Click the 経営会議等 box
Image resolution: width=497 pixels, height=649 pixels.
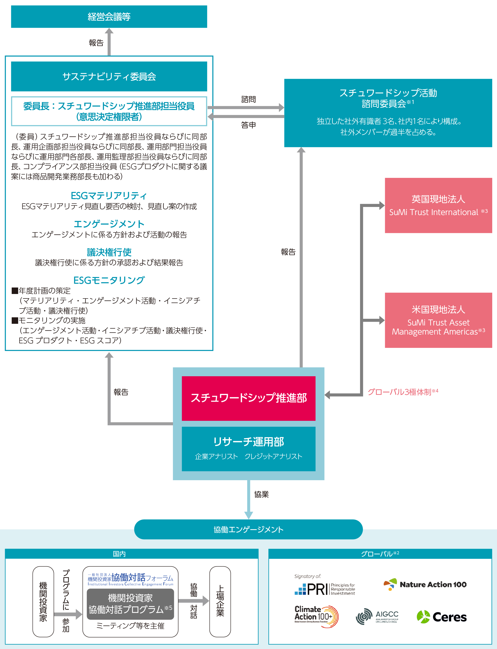click(x=109, y=16)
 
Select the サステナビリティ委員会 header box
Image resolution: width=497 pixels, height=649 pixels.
click(x=109, y=76)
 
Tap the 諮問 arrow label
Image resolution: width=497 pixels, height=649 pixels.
click(x=248, y=99)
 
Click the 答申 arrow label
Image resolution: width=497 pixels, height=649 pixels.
click(x=248, y=125)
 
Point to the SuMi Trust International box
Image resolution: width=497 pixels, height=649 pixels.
click(x=438, y=205)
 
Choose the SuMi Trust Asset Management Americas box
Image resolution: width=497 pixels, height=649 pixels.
click(x=438, y=320)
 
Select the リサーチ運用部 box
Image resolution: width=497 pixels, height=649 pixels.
click(x=249, y=448)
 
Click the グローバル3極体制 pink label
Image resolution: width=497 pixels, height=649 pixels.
click(x=402, y=392)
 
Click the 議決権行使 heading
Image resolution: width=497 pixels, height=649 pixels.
click(x=109, y=252)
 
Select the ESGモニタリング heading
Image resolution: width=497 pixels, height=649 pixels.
click(x=109, y=280)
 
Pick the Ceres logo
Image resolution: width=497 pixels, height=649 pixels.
click(x=441, y=617)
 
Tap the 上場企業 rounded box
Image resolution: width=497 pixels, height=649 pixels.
click(x=220, y=601)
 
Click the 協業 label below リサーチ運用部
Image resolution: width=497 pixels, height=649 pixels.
click(x=261, y=494)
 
